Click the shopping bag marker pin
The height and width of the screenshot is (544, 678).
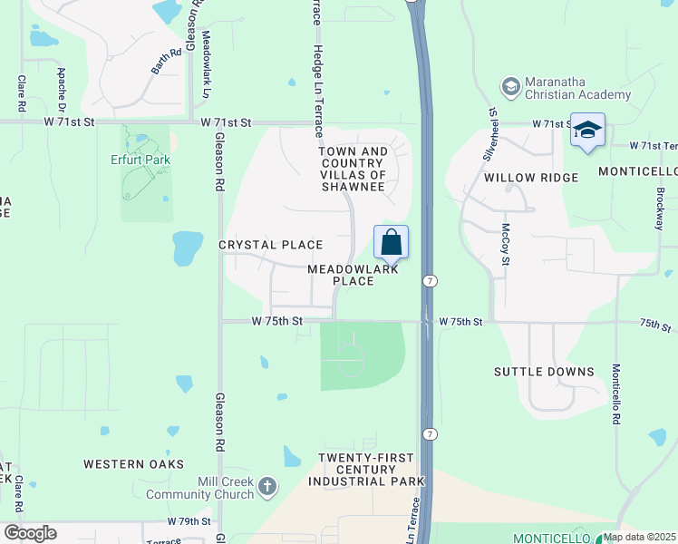pos(391,244)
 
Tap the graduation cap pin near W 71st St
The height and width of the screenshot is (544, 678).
pos(587,131)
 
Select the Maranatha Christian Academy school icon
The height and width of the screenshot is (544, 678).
pos(510,86)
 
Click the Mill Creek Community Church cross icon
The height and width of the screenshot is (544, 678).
pos(266,487)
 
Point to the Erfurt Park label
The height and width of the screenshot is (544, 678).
pos(146,160)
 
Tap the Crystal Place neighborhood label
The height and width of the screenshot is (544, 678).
pos(270,245)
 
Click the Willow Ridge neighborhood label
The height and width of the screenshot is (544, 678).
pos(531,178)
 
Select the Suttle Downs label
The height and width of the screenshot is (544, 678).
pos(544,372)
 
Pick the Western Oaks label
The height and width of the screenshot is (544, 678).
pos(127,464)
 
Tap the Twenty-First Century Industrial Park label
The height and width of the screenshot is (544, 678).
pos(359,469)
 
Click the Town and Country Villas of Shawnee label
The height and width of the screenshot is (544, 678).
pos(354,169)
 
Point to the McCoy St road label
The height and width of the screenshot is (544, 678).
pos(506,245)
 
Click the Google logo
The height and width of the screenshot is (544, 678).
pos(30,533)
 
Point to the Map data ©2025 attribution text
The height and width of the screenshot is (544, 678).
pos(639,537)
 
